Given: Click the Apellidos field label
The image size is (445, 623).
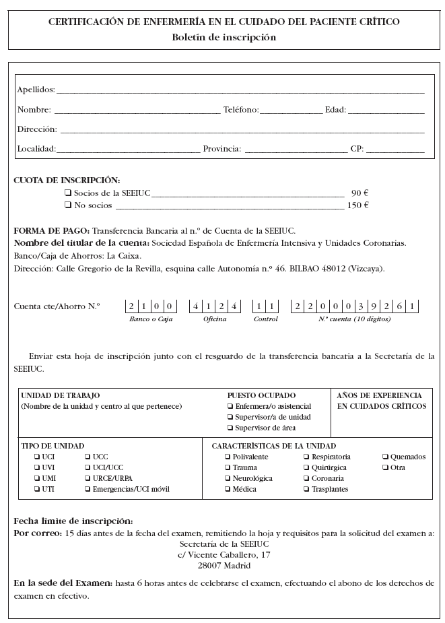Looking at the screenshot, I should (36, 90).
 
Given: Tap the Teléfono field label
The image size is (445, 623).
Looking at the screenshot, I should (240, 110).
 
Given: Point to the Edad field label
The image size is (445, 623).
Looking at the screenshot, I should (335, 110).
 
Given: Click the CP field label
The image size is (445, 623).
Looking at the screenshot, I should (357, 149).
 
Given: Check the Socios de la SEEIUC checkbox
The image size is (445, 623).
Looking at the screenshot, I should (68, 193).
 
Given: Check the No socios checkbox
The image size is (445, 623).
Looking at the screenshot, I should (68, 205).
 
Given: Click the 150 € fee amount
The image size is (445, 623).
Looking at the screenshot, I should (357, 205).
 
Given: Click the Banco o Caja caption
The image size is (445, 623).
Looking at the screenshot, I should (151, 319).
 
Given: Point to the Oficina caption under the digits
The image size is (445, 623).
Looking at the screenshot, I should (215, 319).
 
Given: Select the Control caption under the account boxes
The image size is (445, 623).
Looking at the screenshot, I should (265, 319).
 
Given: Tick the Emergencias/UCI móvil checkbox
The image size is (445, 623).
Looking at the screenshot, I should (88, 489).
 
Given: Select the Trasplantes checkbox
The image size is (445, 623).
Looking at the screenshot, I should (306, 489).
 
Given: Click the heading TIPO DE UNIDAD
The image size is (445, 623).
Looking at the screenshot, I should (53, 446).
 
